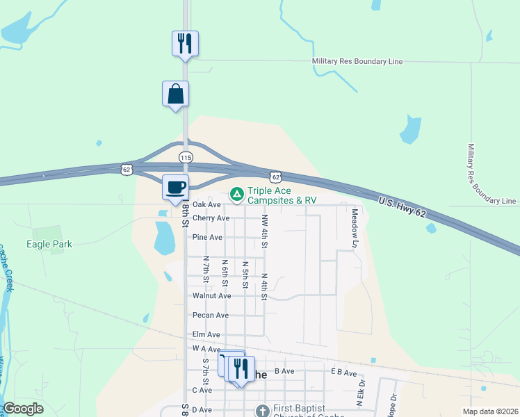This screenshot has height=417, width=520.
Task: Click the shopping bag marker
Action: (175, 94)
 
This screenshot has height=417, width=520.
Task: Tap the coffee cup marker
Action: (175, 187)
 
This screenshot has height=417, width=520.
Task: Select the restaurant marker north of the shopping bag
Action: (185, 43)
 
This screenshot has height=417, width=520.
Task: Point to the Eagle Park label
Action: (49, 244)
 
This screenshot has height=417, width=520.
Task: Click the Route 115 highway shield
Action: (185, 158)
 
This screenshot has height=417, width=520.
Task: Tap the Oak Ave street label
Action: (206, 204)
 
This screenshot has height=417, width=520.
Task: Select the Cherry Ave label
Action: (211, 218)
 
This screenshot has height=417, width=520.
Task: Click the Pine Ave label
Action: (207, 238)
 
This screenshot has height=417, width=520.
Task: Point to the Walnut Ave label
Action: (211, 296)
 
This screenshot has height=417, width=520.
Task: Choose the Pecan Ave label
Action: (211, 316)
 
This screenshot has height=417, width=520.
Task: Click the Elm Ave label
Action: (206, 334)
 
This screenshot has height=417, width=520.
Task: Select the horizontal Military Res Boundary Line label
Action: (357, 62)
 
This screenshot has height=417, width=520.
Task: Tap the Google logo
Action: (23, 409)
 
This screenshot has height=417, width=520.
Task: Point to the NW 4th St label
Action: (264, 231)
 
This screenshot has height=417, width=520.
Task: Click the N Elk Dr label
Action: (361, 393)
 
